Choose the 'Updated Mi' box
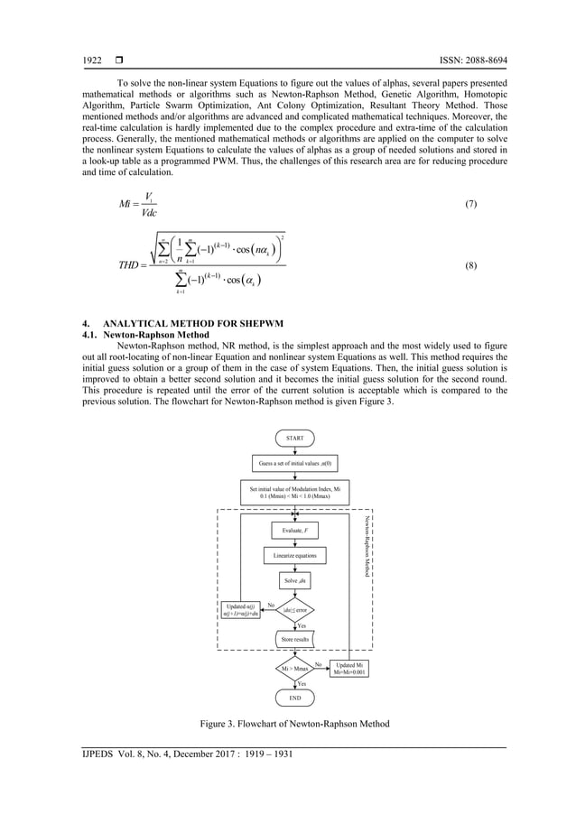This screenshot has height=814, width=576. click(348, 669)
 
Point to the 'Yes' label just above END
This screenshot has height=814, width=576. click(301, 684)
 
